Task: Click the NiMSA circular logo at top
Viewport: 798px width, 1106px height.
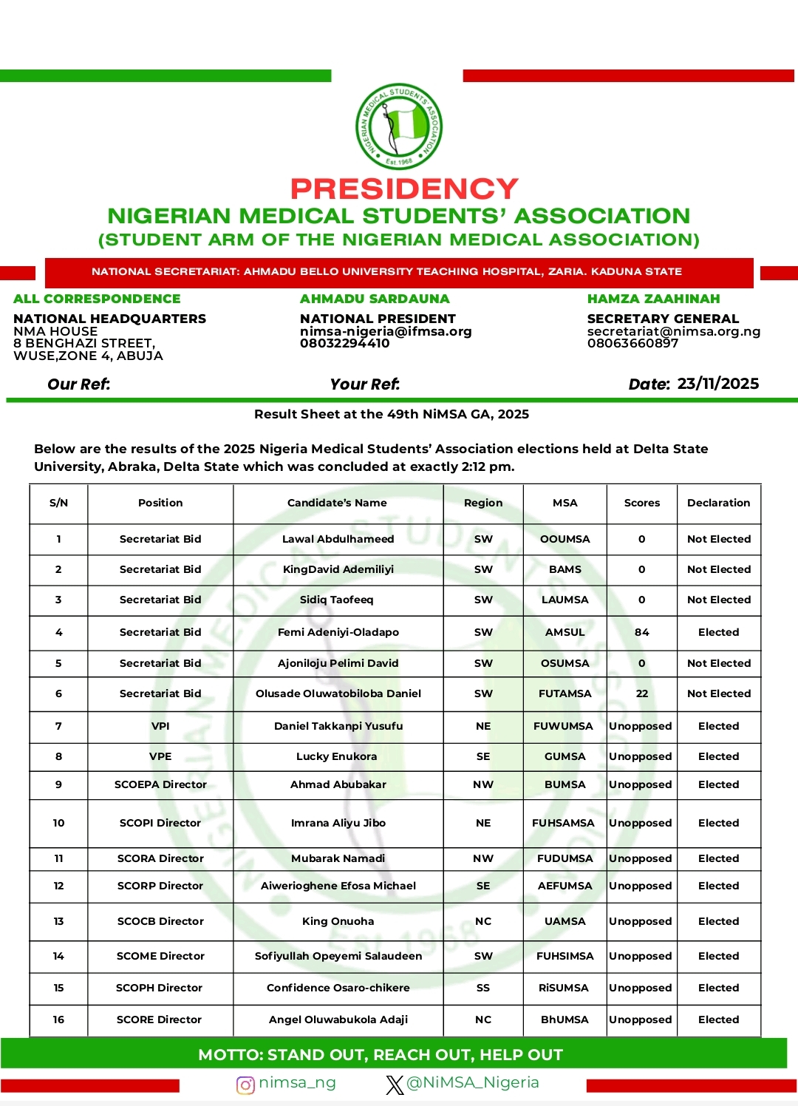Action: (x=399, y=126)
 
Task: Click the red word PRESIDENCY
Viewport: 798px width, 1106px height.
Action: (x=404, y=189)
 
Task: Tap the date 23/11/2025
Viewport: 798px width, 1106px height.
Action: (x=717, y=384)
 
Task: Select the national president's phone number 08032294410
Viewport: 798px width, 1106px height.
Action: (x=344, y=343)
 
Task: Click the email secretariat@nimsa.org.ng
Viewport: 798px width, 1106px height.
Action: (x=673, y=331)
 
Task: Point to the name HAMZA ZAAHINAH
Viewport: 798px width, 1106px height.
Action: (x=653, y=299)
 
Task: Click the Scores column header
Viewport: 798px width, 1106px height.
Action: (x=641, y=503)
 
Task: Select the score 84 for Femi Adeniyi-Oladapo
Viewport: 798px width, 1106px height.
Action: (x=641, y=632)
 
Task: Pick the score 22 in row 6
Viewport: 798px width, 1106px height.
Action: (x=641, y=693)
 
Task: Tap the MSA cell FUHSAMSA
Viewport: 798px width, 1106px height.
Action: (x=563, y=823)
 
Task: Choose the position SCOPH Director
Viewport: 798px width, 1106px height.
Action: (x=159, y=988)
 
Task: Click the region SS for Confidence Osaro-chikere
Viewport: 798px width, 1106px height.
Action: (x=482, y=988)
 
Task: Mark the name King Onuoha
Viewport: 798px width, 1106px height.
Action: (x=338, y=921)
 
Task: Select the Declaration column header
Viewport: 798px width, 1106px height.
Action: (x=718, y=503)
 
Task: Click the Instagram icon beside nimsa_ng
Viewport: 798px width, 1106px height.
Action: (x=245, y=1085)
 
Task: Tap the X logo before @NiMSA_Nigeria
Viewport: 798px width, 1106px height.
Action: (x=395, y=1085)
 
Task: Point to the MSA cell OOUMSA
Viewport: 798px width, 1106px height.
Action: (x=565, y=539)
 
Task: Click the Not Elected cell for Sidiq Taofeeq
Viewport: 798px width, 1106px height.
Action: (x=718, y=600)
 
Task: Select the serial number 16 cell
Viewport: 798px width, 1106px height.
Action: (x=58, y=1020)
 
